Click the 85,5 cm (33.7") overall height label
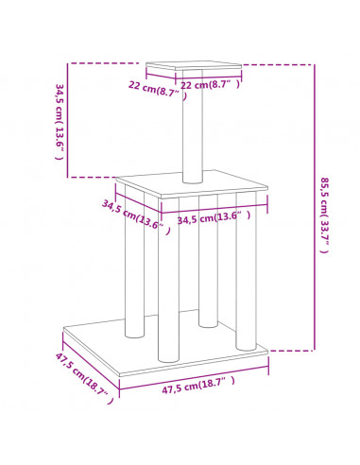(325, 215)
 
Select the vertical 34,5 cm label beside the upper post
(60, 122)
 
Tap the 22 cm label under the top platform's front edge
(210, 85)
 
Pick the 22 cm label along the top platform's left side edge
(157, 90)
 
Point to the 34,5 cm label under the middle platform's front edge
(214, 217)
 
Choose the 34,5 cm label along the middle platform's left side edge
(136, 217)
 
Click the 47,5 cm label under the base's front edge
(198, 385)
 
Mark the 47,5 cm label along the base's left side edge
(84, 378)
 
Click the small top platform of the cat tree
(194, 65)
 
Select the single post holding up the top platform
(193, 126)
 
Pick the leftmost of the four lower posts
(135, 262)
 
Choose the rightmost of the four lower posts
(246, 271)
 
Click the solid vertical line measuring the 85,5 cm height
(314, 207)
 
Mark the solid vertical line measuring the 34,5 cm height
(67, 120)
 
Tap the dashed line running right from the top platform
(278, 65)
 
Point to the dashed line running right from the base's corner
(291, 350)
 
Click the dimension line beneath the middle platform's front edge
(214, 208)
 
